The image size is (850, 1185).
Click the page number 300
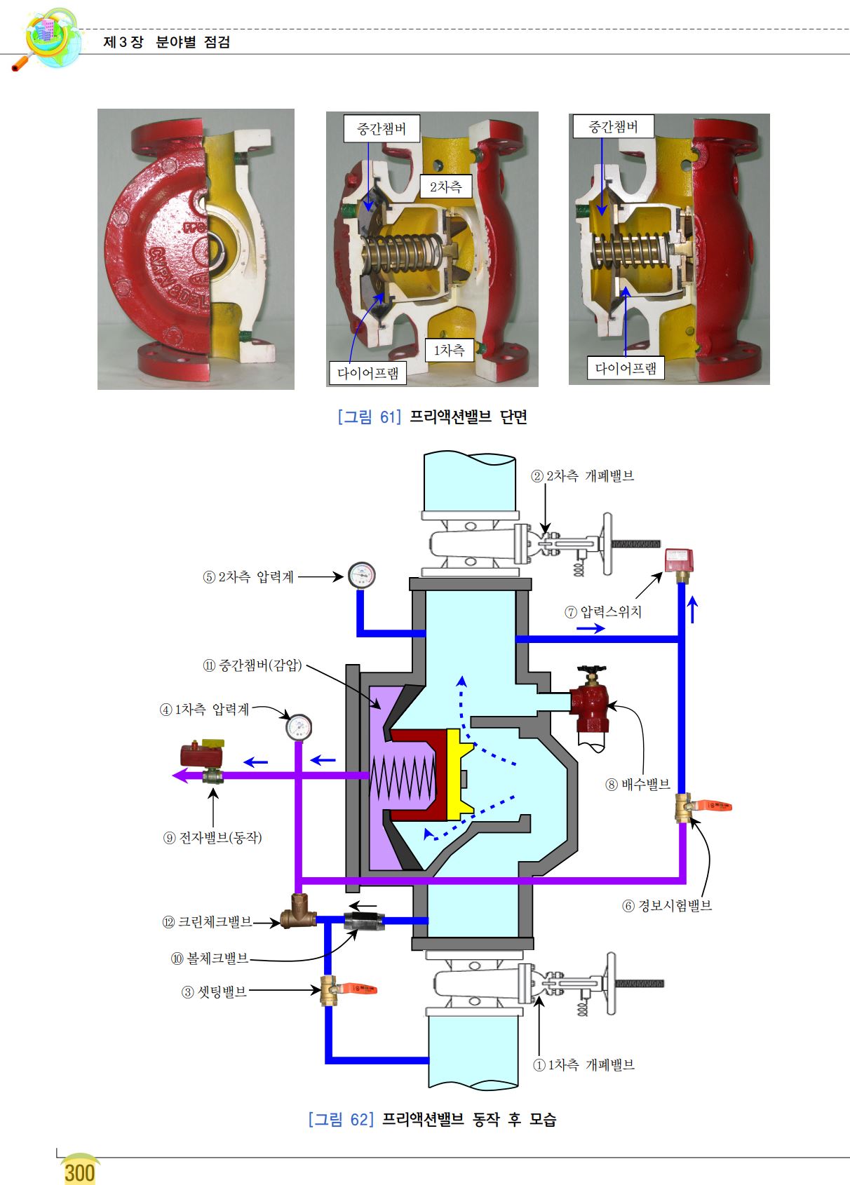(x=80, y=1172)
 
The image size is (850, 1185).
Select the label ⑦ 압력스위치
(x=603, y=612)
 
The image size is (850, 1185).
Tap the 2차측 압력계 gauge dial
(x=362, y=575)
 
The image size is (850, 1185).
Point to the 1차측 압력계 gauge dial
(x=299, y=727)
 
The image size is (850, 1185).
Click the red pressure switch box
(x=679, y=561)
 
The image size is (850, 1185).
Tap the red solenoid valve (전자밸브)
(x=203, y=755)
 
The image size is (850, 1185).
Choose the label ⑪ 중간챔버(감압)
(x=252, y=665)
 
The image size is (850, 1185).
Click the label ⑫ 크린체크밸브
(x=208, y=922)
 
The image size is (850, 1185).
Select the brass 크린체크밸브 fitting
(x=298, y=912)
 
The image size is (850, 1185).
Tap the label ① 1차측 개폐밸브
(x=583, y=1065)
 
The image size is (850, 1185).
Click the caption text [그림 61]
(x=370, y=417)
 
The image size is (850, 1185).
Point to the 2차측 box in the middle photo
(x=445, y=187)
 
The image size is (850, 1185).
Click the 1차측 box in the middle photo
(x=450, y=350)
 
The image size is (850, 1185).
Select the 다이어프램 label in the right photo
(x=626, y=367)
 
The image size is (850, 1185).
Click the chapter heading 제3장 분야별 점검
(x=167, y=42)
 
